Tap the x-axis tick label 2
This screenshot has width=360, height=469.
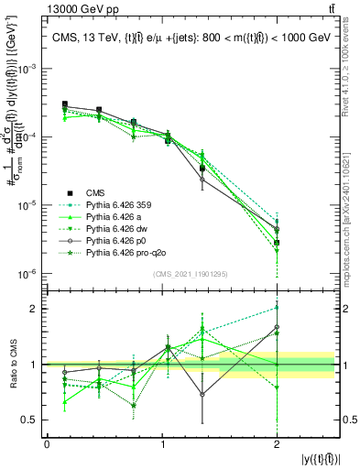click(x=277, y=444)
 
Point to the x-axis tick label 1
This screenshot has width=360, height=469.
click(x=162, y=444)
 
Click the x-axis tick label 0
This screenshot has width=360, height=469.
click(x=47, y=444)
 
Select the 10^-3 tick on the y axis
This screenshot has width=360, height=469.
click(x=29, y=69)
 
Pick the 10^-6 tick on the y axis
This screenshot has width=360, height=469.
click(x=29, y=274)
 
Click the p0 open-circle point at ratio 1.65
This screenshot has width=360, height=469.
click(x=277, y=327)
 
